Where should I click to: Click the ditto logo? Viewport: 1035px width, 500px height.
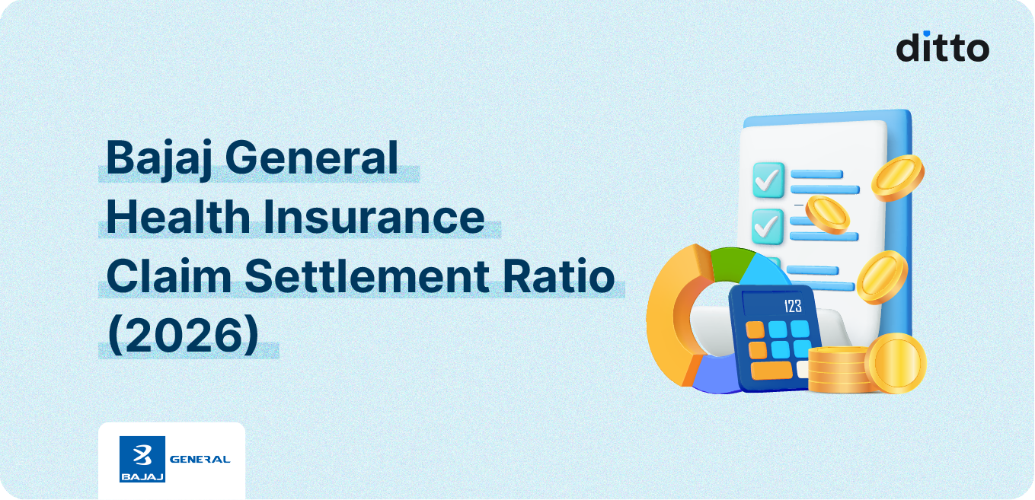pos(942,46)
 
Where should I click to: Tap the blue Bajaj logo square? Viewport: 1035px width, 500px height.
pos(142,459)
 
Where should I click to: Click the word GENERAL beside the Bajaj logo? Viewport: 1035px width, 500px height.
pos(200,459)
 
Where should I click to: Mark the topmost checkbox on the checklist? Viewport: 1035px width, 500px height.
pos(768,180)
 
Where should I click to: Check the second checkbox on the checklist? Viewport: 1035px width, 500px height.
pos(768,225)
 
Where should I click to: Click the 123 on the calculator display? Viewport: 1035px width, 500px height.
pos(792,307)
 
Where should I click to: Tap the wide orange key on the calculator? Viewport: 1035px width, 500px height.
pos(771,370)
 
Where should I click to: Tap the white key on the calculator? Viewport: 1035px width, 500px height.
pos(803,368)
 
